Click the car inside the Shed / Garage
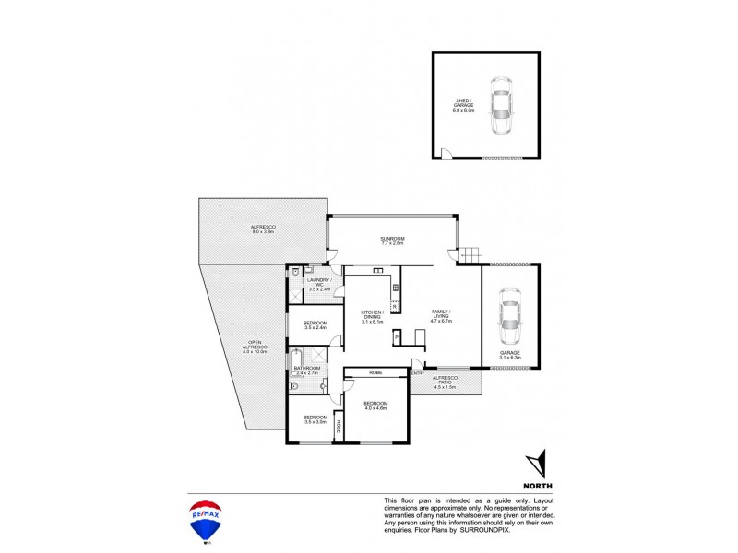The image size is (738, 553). click(x=501, y=107)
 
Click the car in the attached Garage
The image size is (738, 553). click(x=508, y=316)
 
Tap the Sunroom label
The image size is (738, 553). click(x=393, y=241)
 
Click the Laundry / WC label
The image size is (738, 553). click(x=319, y=283)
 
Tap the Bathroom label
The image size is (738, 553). click(x=307, y=371)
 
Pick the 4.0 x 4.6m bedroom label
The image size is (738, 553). click(x=375, y=406)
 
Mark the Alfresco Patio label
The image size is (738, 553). click(x=446, y=382)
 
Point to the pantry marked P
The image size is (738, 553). click(x=396, y=336)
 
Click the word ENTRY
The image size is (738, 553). click(x=418, y=372)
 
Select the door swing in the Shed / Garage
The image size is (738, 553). click(x=444, y=154)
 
